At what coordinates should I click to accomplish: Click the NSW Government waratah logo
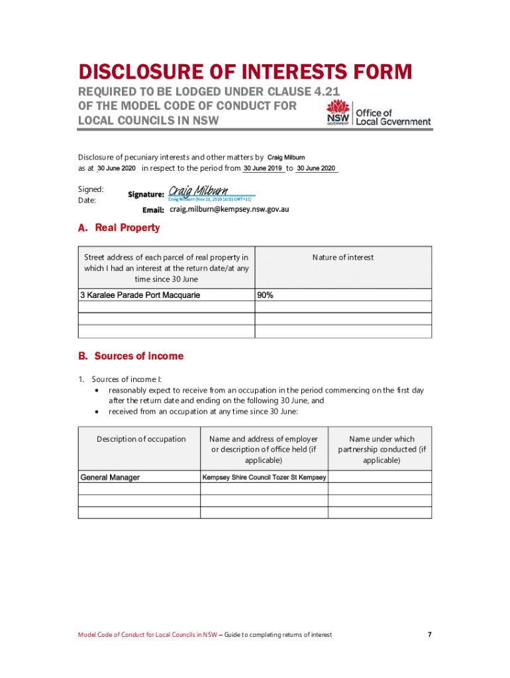[340, 113]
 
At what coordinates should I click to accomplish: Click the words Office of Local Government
[393, 117]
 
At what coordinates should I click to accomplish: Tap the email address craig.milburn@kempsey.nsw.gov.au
[229, 209]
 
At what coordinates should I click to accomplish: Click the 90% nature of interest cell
[266, 295]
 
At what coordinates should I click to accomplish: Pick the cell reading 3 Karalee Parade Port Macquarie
[140, 295]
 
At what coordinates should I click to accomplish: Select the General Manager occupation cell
[110, 477]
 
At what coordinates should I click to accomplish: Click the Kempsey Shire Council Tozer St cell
[264, 477]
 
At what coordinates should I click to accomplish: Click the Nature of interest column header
[343, 258]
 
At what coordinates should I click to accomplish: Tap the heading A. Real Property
[119, 228]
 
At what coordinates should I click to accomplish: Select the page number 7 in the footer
[429, 635]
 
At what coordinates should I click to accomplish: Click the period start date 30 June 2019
[263, 169]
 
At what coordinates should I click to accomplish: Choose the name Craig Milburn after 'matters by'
[286, 158]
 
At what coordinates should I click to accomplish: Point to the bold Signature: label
[146, 195]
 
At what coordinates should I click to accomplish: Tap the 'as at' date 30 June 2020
[107, 169]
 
